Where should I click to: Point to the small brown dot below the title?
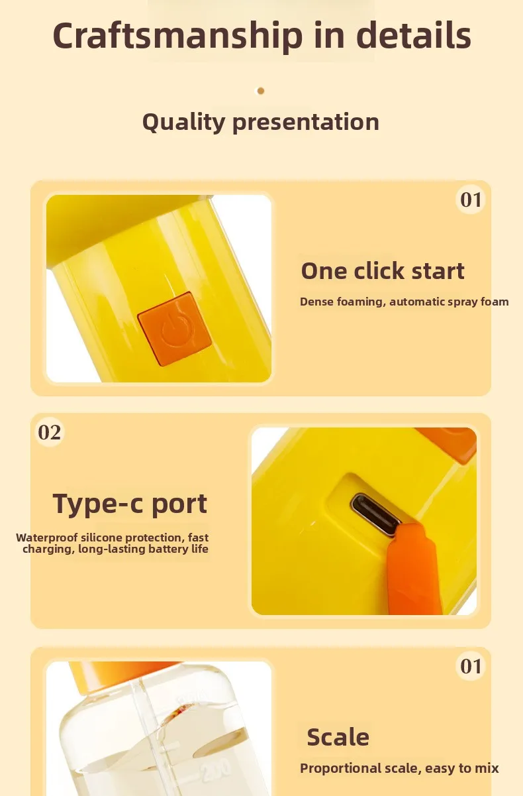261,91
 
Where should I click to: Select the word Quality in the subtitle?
183,123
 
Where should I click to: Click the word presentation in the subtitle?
306,123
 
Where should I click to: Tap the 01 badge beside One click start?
471,199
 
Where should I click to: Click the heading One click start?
383,271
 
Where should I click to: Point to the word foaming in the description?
361,302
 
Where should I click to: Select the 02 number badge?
50,432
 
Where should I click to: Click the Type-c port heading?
130,504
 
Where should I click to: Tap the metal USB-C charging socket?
375,514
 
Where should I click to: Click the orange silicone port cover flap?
414,569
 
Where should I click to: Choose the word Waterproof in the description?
46,538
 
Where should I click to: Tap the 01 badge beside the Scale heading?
471,666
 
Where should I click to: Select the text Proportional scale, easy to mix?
399,768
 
